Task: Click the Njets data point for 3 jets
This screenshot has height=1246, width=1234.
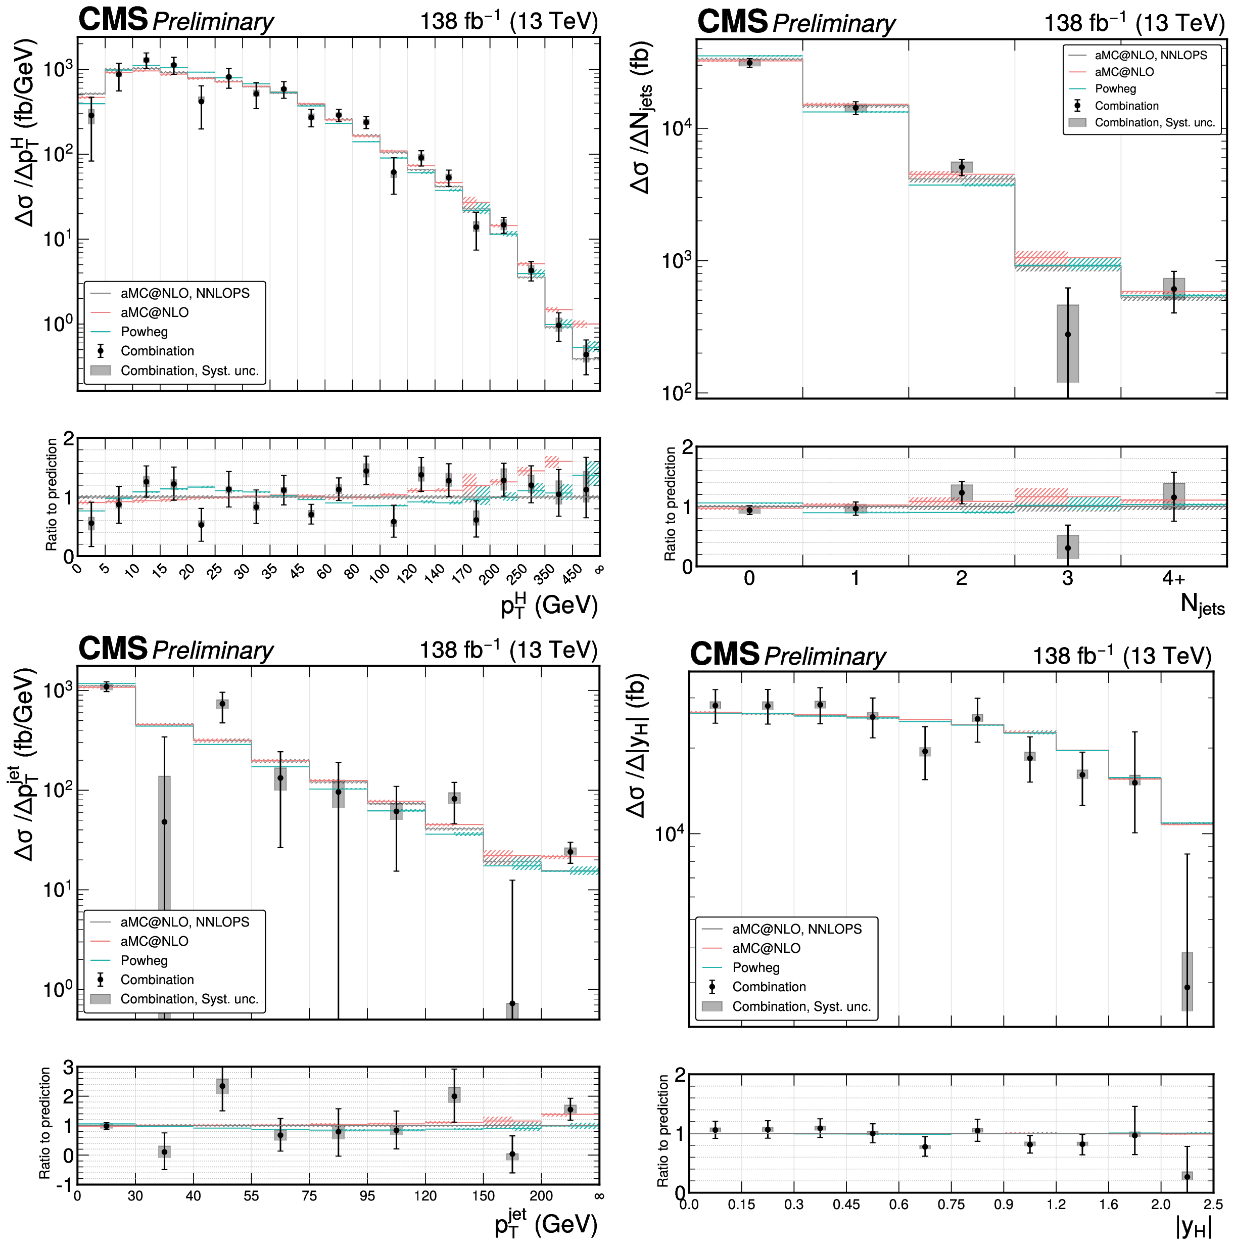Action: pyautogui.click(x=1068, y=334)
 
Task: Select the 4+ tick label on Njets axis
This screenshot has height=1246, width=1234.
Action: pyautogui.click(x=1173, y=578)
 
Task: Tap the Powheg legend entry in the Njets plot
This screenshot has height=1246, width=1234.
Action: pyautogui.click(x=1115, y=89)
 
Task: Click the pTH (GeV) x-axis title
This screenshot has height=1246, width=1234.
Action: pyautogui.click(x=549, y=606)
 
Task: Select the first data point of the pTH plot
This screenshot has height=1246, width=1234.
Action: pyautogui.click(x=91, y=115)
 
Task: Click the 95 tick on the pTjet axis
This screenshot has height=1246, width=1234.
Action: pyautogui.click(x=367, y=1195)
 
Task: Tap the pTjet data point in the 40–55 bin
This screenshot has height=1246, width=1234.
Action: pyautogui.click(x=222, y=704)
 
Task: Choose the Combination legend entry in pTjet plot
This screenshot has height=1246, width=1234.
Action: pyautogui.click(x=157, y=980)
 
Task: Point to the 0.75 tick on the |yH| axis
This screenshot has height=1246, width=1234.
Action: pyautogui.click(x=951, y=1204)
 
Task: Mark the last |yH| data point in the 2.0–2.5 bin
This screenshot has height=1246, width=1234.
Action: pyautogui.click(x=1187, y=987)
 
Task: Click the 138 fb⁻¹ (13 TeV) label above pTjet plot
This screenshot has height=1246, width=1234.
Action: pyautogui.click(x=508, y=650)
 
